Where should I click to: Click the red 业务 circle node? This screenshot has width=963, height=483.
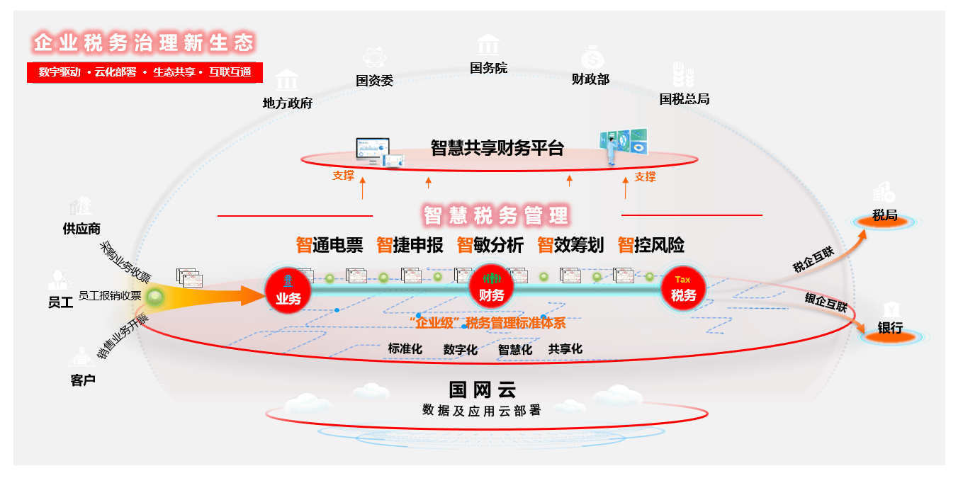(x=288, y=291)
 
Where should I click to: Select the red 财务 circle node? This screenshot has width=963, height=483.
(x=491, y=288)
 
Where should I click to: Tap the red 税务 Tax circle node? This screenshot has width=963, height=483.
(x=683, y=288)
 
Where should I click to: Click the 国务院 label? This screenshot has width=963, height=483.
(x=488, y=69)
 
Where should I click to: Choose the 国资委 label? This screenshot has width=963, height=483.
(x=374, y=81)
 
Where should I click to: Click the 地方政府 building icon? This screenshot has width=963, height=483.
(x=287, y=80)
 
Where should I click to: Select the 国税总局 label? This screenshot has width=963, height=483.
(x=684, y=99)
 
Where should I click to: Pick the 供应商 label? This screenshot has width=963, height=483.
(x=81, y=229)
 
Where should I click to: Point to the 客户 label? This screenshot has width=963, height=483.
(x=83, y=380)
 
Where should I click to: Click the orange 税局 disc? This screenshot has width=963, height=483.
(x=884, y=222)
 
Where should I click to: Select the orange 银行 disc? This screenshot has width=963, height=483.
(x=890, y=336)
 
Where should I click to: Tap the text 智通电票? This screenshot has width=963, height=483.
(x=330, y=246)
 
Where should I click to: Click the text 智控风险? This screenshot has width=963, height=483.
(x=651, y=246)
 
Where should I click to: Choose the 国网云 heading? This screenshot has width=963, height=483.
(x=482, y=390)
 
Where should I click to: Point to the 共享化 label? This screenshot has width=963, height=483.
(x=565, y=349)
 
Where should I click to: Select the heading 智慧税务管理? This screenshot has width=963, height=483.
(x=496, y=215)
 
